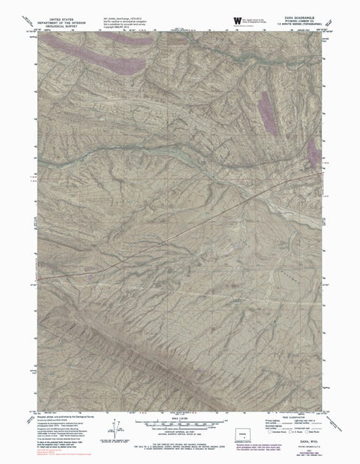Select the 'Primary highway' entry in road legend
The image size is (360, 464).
266,421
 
